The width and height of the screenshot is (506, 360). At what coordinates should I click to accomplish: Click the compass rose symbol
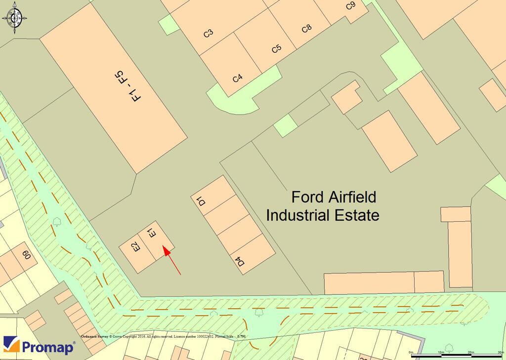(14, 18)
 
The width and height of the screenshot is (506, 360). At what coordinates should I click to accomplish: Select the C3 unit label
(209, 34)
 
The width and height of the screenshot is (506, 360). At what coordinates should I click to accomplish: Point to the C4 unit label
(238, 78)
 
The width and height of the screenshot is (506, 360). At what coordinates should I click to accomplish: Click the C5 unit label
(277, 49)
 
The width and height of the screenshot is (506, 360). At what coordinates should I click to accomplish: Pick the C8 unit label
(306, 28)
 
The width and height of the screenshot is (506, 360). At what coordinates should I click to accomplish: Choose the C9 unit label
(350, 6)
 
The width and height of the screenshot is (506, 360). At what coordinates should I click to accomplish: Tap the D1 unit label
(201, 201)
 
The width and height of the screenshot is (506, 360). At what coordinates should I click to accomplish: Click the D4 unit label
(241, 261)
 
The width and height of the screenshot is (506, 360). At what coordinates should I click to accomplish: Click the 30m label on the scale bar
(501, 352)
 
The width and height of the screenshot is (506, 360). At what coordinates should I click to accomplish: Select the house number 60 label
(26, 255)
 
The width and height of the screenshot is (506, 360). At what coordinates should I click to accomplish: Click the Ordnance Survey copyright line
(163, 337)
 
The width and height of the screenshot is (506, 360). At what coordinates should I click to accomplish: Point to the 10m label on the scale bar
(441, 352)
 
